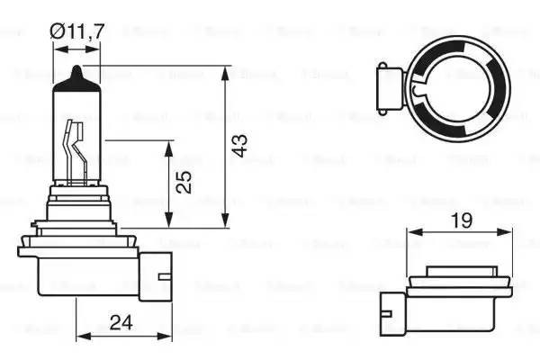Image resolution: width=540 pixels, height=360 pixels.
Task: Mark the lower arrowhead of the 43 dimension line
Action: pyautogui.click(x=222, y=225)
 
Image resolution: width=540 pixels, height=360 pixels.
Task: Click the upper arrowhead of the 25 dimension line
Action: pyautogui.click(x=169, y=145)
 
